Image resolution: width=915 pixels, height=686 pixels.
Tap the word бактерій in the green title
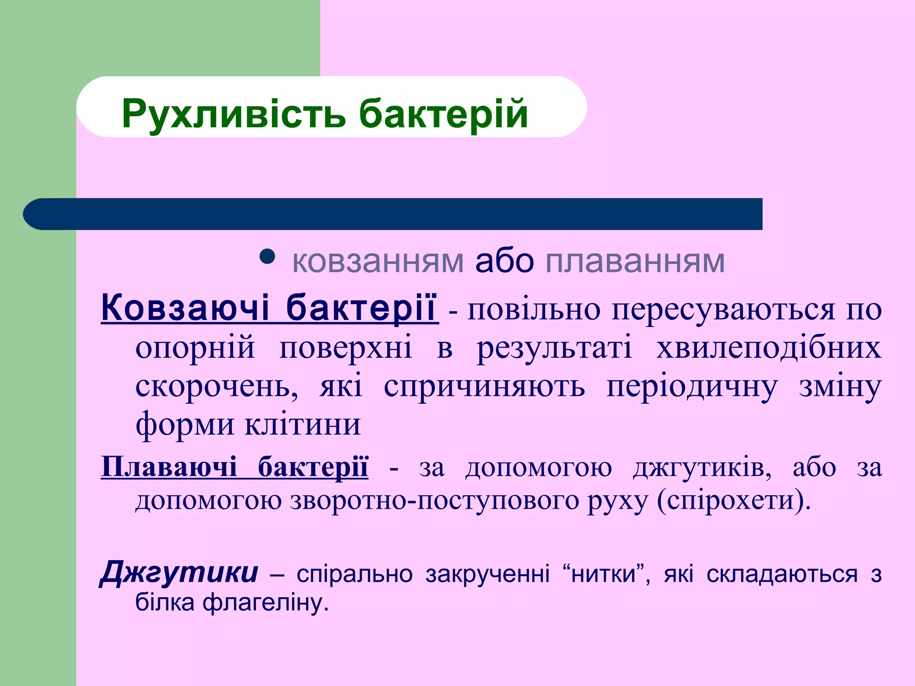(443, 114)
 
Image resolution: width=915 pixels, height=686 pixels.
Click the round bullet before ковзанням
(267, 257)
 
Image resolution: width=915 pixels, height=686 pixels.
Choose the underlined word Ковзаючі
(186, 308)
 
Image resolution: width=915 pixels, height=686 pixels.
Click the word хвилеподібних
(768, 347)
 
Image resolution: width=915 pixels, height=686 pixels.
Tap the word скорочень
(217, 386)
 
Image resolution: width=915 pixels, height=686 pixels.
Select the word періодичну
(692, 386)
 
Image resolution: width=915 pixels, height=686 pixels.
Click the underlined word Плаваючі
(169, 467)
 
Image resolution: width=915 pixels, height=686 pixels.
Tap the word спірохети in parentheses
(733, 500)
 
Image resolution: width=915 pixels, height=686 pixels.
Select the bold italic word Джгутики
(179, 573)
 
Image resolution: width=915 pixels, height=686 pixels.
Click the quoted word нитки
(603, 574)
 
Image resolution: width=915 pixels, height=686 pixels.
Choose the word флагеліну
(265, 602)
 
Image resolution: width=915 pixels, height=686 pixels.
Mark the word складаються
(782, 574)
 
